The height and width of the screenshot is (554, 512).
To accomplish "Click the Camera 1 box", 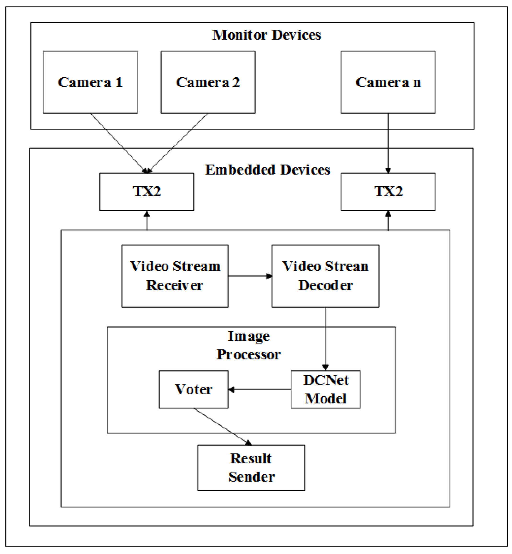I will (90, 82).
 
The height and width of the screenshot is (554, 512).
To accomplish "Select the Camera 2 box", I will (208, 82).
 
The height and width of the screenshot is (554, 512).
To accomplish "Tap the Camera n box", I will (388, 82).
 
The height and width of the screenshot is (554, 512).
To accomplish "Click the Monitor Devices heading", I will (266, 35).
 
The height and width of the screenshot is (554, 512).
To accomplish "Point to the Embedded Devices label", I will (267, 170).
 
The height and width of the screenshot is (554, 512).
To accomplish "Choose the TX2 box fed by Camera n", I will (388, 192).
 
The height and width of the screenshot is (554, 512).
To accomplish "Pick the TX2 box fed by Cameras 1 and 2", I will (147, 192).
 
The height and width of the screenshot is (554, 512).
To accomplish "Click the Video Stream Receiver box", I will (175, 276).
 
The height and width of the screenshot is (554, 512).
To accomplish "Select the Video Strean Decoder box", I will (325, 276).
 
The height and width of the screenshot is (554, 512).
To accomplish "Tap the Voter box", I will (194, 389).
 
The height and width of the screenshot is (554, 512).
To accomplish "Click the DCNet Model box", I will (325, 389).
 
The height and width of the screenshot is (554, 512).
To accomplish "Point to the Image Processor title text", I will (248, 346).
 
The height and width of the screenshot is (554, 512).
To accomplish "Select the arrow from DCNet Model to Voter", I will (260, 389).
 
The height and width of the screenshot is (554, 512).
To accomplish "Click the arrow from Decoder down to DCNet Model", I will (325, 338).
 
